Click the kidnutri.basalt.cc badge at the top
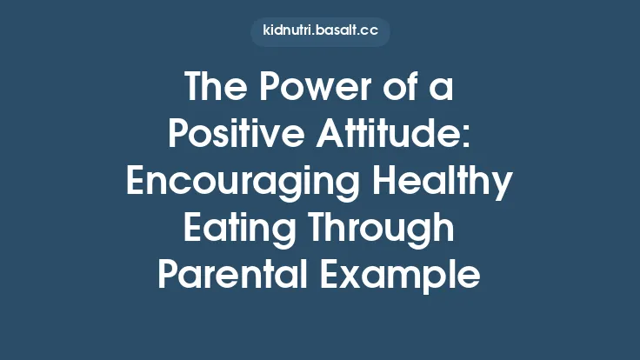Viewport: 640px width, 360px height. (x=320, y=32)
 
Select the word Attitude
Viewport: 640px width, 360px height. (x=393, y=137)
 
